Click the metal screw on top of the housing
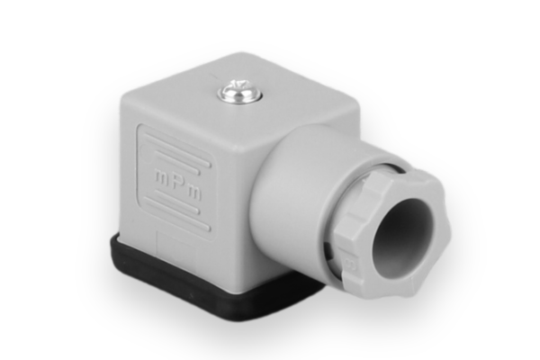click(240, 91)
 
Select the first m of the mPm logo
click(161, 177)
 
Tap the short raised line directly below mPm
click(172, 203)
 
